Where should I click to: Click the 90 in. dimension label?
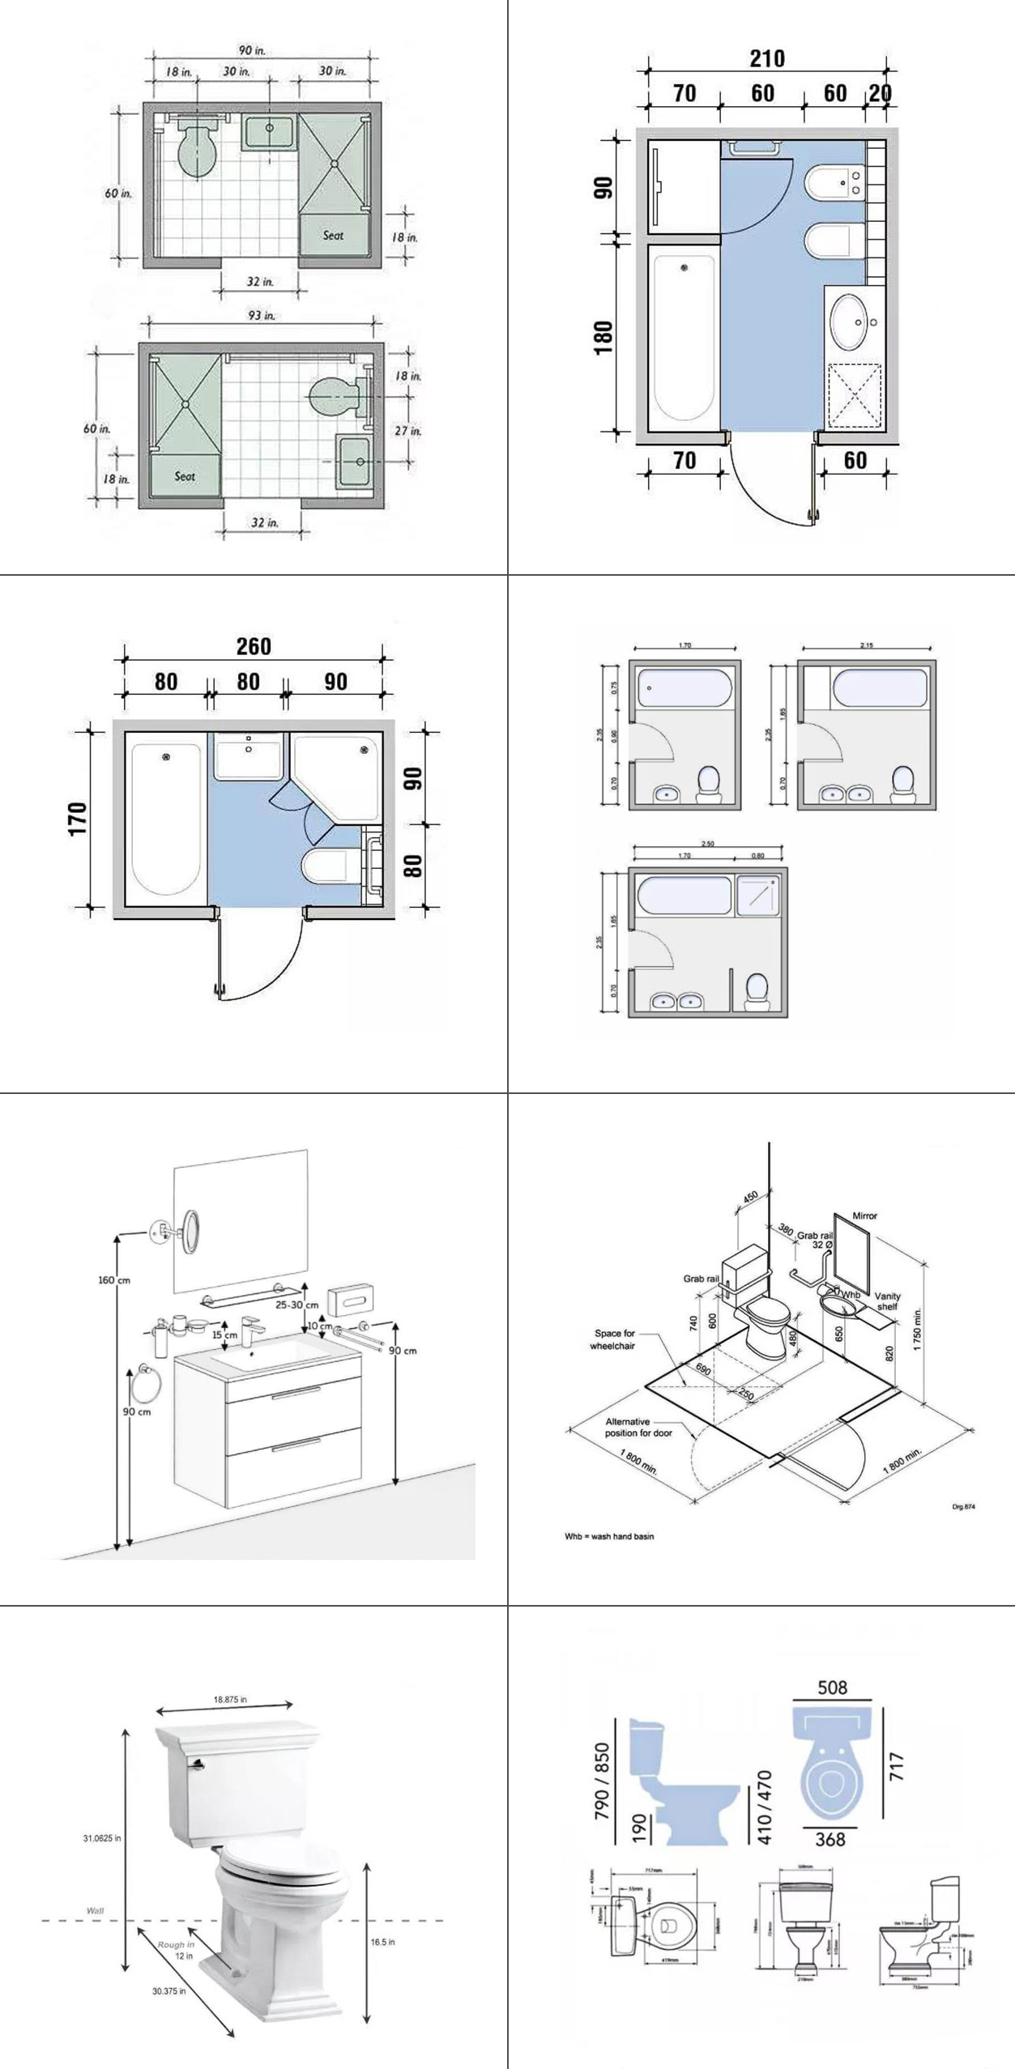coord(252,50)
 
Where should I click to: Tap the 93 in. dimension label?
coord(261,315)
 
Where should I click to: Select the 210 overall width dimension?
coord(766,58)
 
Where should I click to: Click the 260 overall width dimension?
coord(254,646)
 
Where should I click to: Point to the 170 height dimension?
coord(78,819)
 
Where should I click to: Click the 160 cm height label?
coord(114,1280)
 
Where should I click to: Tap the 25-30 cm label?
coord(296,1305)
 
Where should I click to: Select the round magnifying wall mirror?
coord(190,1231)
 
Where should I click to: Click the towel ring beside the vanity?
coord(147,1386)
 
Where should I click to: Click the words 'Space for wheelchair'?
coord(614,1339)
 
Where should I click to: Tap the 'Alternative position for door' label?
coord(638,1427)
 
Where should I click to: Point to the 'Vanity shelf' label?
coord(887,1301)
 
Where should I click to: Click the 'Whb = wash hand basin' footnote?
coord(609,1536)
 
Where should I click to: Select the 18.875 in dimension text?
coord(230,1699)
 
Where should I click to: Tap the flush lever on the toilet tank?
coord(195,1762)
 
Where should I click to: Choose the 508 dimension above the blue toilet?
coord(832,1688)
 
